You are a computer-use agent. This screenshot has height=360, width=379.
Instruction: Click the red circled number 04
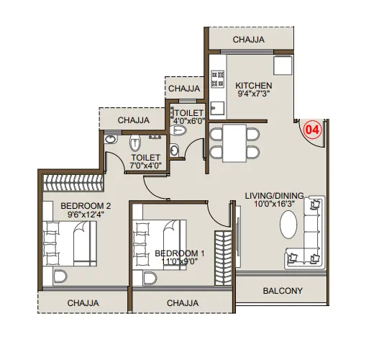tap(313, 130)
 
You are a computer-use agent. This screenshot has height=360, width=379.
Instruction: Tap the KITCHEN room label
tap(254, 86)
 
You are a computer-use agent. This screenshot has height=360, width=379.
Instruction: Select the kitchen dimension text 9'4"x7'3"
tap(254, 94)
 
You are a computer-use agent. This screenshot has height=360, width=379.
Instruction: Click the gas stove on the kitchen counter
tap(217, 78)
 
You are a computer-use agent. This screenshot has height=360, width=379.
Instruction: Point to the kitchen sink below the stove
tap(217, 108)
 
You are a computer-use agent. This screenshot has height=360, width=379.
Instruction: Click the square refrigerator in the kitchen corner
tap(283, 66)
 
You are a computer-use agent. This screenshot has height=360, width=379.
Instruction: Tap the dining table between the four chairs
tap(234, 143)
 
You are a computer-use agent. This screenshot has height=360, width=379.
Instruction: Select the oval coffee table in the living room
tap(288, 225)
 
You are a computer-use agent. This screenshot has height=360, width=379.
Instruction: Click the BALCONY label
tap(283, 291)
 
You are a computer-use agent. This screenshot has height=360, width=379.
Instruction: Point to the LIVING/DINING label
tap(274, 196)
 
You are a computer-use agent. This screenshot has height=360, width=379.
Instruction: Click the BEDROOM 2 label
tap(86, 206)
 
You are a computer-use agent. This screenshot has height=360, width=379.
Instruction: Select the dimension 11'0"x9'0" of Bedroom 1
tap(180, 261)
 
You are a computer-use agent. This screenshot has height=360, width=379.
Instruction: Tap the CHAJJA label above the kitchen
tap(249, 40)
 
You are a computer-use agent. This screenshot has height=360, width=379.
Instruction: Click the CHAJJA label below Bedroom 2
tap(83, 303)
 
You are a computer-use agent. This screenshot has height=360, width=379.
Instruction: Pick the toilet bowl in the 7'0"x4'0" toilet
tap(135, 143)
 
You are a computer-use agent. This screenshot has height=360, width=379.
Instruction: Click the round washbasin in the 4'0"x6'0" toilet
tap(175, 150)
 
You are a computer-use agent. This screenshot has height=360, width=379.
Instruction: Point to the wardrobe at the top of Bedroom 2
tap(73, 183)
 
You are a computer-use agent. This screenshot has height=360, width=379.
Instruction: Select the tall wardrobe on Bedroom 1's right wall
tap(223, 258)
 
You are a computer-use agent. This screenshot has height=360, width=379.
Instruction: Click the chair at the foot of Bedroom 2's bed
tap(60, 276)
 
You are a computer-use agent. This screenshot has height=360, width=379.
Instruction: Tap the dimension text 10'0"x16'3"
tap(274, 204)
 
